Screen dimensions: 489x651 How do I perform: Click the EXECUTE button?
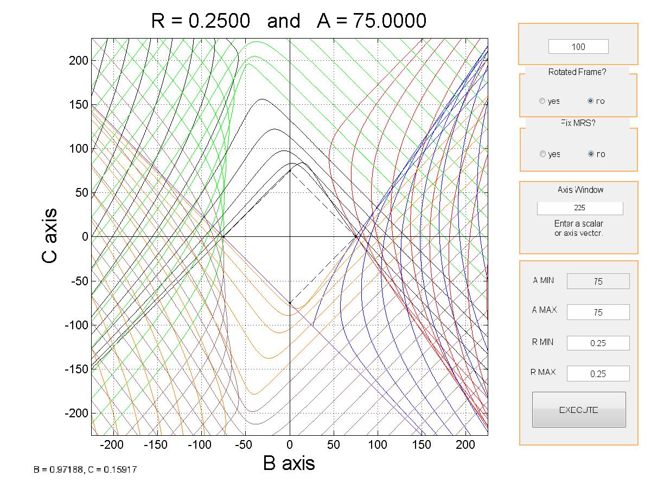pos(579,410)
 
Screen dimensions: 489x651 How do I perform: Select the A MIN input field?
pos(598,281)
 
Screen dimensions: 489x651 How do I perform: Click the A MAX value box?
pos(598,312)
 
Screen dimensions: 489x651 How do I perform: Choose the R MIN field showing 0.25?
pos(598,343)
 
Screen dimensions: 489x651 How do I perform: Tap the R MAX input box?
pos(598,374)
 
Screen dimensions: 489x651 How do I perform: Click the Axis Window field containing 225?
pos(580,208)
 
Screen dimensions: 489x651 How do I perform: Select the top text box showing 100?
pos(578,47)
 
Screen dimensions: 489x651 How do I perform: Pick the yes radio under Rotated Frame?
pos(542,101)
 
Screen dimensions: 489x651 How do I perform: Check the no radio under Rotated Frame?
pos(591,101)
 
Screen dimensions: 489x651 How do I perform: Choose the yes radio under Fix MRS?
pos(542,154)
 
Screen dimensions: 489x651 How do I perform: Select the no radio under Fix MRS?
pos(591,154)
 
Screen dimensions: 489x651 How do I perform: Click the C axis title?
pos(49,236)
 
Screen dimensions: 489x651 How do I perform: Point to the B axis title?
pos(289,463)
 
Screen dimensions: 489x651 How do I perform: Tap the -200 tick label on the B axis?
pos(113,445)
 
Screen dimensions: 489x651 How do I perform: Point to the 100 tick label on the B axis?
pos(378,445)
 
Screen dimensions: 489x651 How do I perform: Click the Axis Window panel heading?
pos(580,190)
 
